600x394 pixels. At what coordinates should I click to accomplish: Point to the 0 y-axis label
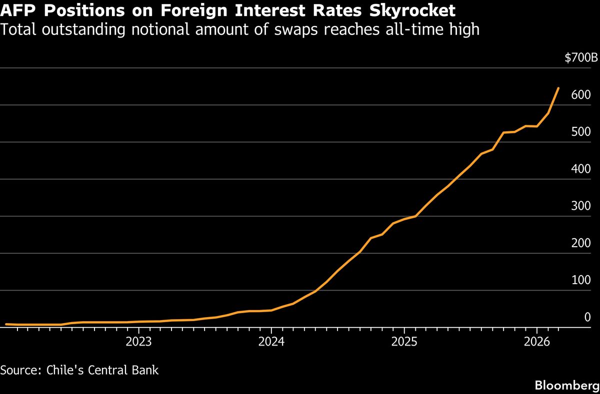tap(587, 317)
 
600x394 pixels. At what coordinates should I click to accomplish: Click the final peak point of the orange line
tap(558, 88)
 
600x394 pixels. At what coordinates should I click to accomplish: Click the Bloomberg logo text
tap(566, 385)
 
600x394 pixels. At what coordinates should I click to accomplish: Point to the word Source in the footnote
tap(20, 370)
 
